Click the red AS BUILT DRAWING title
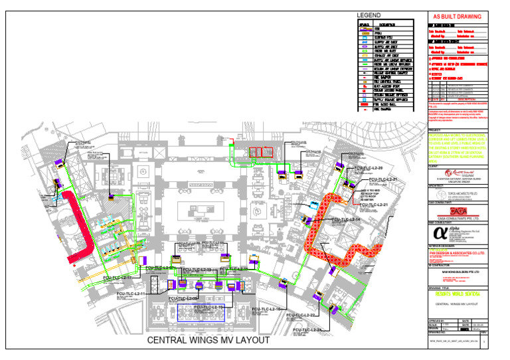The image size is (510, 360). pyautogui.click(x=458, y=15)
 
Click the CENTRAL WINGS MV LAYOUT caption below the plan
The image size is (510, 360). pyautogui.click(x=208, y=341)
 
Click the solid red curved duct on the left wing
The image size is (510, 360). pyautogui.click(x=80, y=226)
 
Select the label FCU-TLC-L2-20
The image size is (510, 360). pyautogui.click(x=369, y=169)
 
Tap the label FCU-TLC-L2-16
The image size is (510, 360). pyautogui.click(x=270, y=311)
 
